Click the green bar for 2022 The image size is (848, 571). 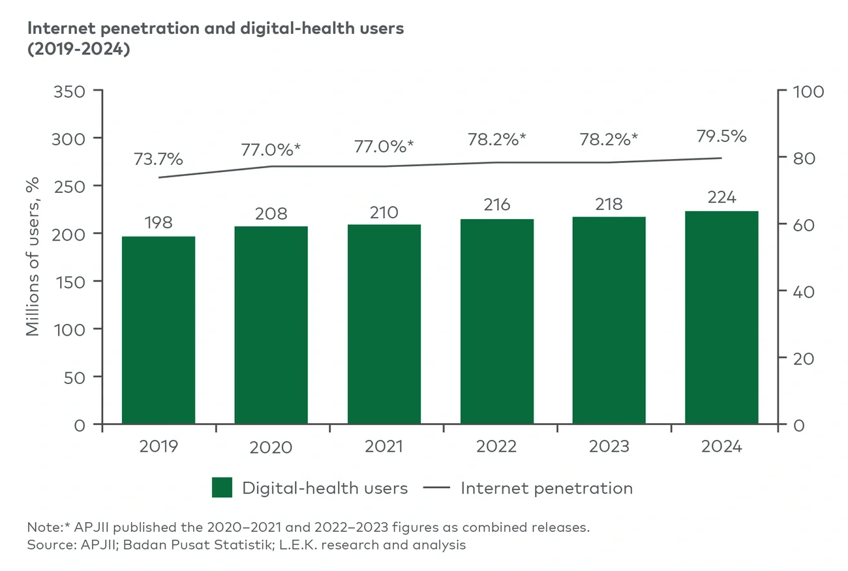coord(497,321)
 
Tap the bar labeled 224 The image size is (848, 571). coord(721,317)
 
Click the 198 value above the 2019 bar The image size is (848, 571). coord(159,222)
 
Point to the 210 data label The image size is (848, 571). coord(384,212)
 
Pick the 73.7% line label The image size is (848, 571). coord(159,159)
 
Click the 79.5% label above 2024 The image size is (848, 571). coord(721,137)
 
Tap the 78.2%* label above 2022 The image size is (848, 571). coord(497,139)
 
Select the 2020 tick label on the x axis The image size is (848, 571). coord(271,447)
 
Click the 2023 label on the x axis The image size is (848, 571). coord(609,447)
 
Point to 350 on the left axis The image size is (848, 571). coord(68,91)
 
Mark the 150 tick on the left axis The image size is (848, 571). coord(68,281)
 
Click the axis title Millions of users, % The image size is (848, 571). coord(33,256)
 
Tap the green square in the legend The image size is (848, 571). coord(222,488)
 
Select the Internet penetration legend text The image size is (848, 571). coord(547,488)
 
